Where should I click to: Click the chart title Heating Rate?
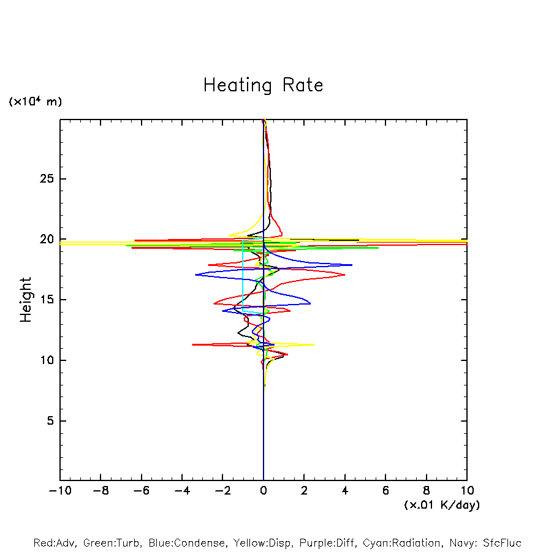tap(263, 85)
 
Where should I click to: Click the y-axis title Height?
tap(26, 300)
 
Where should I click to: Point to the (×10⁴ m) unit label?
tap(36, 102)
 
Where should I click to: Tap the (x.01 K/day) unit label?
tap(442, 505)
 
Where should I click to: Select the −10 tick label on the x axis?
tap(59, 491)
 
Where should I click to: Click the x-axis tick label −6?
tap(141, 491)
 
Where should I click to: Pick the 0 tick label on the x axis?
tap(264, 491)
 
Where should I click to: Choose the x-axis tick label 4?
tap(345, 491)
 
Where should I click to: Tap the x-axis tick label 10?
tap(467, 491)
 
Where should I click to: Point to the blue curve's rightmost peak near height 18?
tap(352, 265)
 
